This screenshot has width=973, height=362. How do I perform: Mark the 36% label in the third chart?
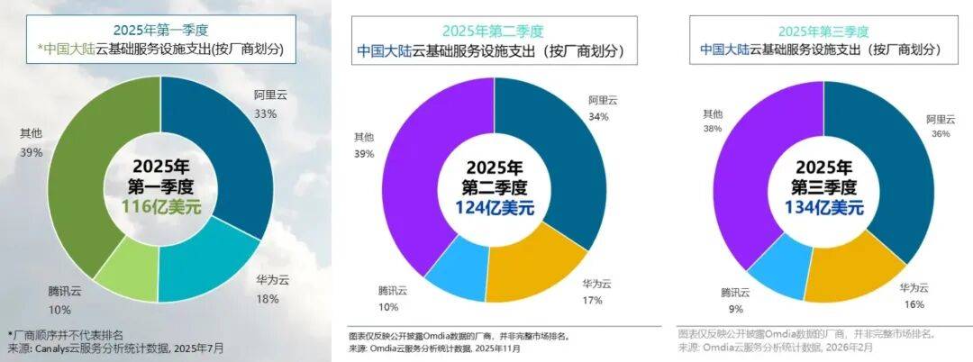point(940,133)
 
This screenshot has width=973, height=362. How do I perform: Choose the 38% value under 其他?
point(711,129)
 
